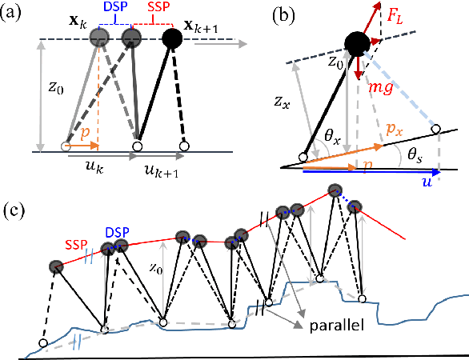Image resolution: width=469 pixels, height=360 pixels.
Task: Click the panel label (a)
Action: coord(14,14)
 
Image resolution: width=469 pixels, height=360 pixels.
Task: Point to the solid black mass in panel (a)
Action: coord(171,37)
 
